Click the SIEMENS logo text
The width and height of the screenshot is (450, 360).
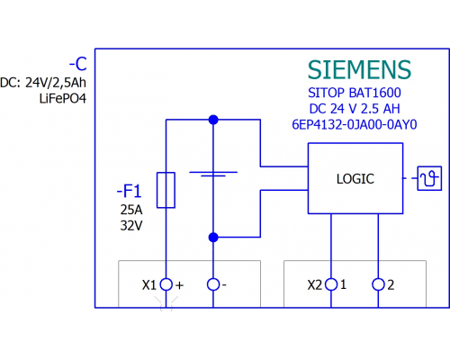[x=359, y=69]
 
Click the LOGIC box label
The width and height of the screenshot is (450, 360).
[x=355, y=179]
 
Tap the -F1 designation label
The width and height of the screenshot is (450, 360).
[x=129, y=191]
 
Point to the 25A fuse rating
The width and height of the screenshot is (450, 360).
[x=131, y=210]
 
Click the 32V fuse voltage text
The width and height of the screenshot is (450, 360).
[x=131, y=226]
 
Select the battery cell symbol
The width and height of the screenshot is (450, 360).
[x=213, y=174]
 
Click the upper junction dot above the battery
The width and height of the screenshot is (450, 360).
[x=213, y=120]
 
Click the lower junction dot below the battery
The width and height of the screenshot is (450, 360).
[x=213, y=238]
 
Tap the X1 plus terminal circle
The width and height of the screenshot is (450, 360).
[x=166, y=284]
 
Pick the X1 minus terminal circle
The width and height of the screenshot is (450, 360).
[x=213, y=284]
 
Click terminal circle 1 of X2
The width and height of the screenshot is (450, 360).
[x=331, y=284]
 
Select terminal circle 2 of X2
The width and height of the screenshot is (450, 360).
[x=378, y=284]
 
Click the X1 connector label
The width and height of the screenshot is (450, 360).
[x=149, y=285]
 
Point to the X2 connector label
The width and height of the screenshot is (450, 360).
[x=315, y=285]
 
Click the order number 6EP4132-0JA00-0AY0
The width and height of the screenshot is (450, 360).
[x=355, y=124]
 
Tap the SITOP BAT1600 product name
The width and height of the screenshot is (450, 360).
[x=355, y=93]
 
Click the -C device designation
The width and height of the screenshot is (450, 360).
[x=78, y=64]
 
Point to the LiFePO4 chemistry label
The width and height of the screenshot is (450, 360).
[x=63, y=99]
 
